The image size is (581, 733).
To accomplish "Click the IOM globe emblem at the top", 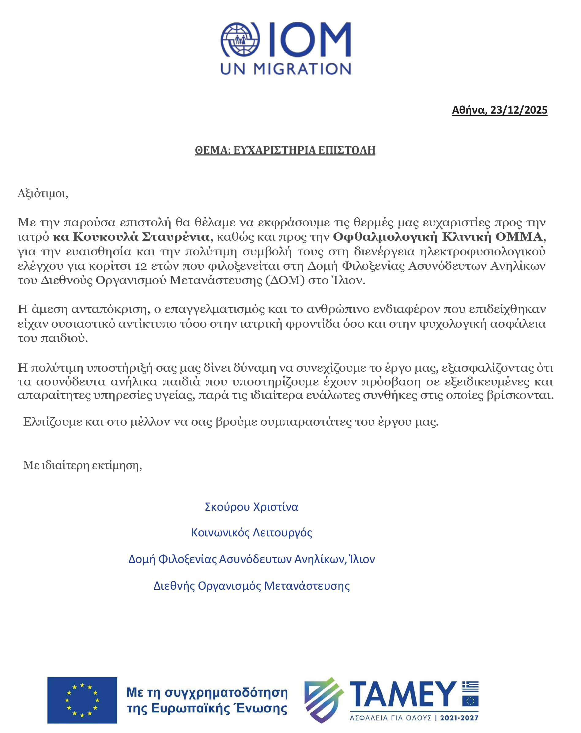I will [240, 40].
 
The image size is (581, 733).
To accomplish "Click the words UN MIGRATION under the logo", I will [285, 69].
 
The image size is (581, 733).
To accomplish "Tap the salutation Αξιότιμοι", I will [43, 194].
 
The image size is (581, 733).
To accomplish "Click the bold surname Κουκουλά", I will [105, 237].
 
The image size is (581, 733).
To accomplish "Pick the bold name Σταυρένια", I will [175, 237].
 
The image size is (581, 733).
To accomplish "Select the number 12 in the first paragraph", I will [141, 266].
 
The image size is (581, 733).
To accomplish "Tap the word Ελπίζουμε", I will [53, 422].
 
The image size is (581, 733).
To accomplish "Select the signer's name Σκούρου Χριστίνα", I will [251, 507].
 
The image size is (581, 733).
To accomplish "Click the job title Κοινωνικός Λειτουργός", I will [251, 532].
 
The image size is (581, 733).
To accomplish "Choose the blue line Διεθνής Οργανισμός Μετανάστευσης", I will [251, 586].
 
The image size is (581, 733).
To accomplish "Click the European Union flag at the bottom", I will [82, 700].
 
